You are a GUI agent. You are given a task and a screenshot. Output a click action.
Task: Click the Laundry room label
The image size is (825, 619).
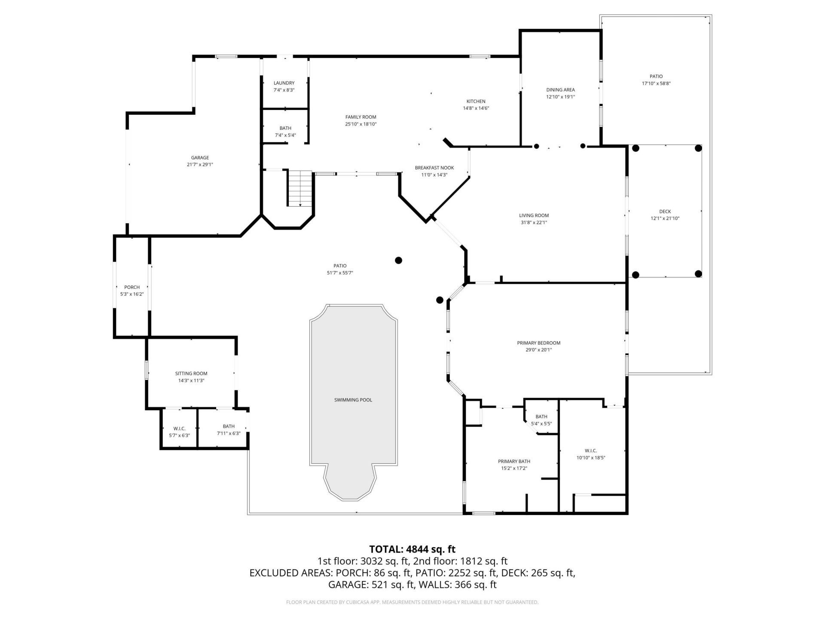tap(284, 83)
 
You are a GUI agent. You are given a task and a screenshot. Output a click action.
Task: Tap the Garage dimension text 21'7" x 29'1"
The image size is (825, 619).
tap(200, 164)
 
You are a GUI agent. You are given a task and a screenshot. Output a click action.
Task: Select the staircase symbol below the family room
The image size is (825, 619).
tap(300, 188)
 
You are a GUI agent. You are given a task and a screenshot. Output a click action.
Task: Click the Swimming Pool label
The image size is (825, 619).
tap(353, 400)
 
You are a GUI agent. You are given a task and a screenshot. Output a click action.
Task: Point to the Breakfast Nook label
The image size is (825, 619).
tap(434, 168)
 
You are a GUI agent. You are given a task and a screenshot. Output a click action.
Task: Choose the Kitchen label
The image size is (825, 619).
tap(476, 101)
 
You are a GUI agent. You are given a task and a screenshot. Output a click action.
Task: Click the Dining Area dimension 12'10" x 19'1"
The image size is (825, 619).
tap(560, 97)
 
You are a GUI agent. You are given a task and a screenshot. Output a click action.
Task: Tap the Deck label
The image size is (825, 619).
tap(665, 211)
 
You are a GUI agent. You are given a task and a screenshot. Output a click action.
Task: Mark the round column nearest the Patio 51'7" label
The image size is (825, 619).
tap(398, 260)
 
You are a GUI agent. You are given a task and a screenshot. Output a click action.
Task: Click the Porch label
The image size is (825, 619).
tap(132, 287)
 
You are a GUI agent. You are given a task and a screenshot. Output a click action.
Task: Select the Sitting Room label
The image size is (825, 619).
tap(191, 374)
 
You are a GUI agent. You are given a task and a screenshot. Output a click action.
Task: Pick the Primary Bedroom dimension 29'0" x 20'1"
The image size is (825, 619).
tap(538, 350)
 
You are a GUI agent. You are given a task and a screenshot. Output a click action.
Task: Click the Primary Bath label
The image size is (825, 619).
tap(514, 461)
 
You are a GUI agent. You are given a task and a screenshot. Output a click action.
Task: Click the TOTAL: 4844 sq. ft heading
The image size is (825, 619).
tap(412, 549)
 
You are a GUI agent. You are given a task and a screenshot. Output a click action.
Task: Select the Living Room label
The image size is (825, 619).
tap(534, 215)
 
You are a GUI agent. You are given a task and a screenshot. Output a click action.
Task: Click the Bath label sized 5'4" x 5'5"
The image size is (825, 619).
tap(541, 417)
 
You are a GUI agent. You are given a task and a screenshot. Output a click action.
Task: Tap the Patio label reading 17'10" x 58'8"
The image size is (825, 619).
tap(656, 77)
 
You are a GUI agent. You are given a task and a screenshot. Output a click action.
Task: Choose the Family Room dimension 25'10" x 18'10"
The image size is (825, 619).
tap(361, 124)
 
